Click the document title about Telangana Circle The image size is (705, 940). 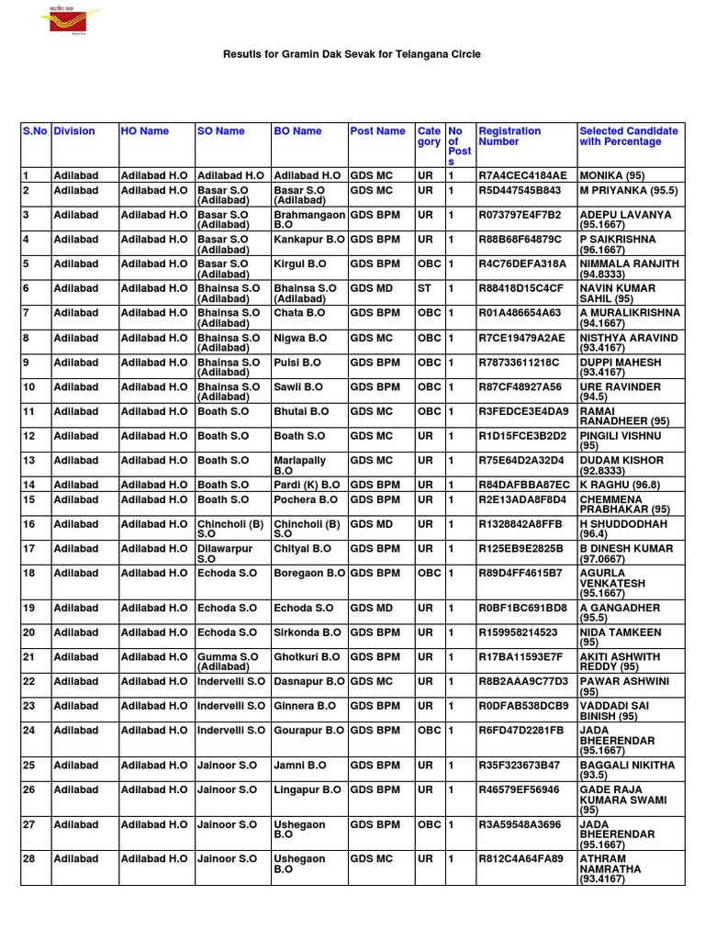[x=352, y=55]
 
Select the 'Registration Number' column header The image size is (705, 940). [x=509, y=137]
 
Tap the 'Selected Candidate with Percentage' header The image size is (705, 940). [x=629, y=137]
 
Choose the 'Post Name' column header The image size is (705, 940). [x=377, y=131]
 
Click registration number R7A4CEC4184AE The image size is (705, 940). [x=522, y=175]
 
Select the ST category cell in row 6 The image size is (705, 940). [x=424, y=288]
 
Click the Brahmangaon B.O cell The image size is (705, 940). [x=308, y=219]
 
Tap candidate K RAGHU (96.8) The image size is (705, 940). [x=620, y=485]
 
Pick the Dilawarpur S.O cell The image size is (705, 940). [x=224, y=554]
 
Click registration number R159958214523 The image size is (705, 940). [x=518, y=633]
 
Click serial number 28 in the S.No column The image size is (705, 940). [x=28, y=859]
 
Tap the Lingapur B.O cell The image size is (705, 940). [x=307, y=789]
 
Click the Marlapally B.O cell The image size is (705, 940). [x=299, y=464]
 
